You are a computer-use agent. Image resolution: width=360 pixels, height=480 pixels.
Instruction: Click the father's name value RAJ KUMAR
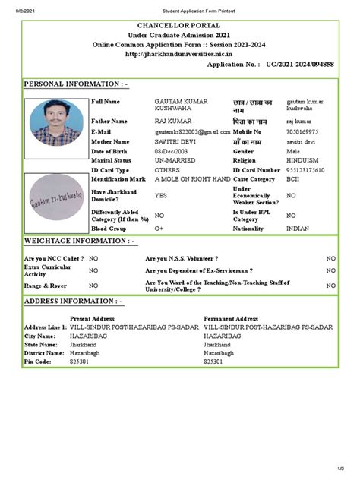(173, 121)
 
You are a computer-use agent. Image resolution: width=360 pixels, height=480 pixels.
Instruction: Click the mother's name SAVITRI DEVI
(175, 141)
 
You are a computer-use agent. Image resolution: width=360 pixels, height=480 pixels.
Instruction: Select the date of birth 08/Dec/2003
(175, 151)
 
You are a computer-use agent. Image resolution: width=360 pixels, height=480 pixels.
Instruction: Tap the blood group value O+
(159, 228)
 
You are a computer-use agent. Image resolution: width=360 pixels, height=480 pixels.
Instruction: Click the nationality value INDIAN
(297, 228)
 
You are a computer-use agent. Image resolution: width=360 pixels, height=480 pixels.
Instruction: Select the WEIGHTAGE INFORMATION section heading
(81, 242)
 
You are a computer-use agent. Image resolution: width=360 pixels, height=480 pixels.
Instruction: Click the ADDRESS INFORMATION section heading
(73, 302)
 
